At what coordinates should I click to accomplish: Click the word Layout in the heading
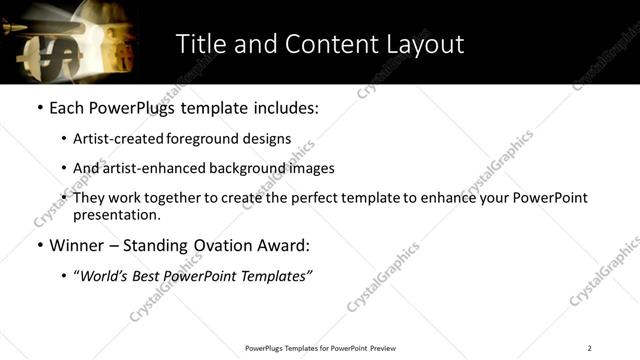point(421,44)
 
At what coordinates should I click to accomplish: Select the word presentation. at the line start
point(116,215)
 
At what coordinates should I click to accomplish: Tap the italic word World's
point(106,276)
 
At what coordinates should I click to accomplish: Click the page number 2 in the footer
point(589,347)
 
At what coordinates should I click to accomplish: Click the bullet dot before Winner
point(39,245)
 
